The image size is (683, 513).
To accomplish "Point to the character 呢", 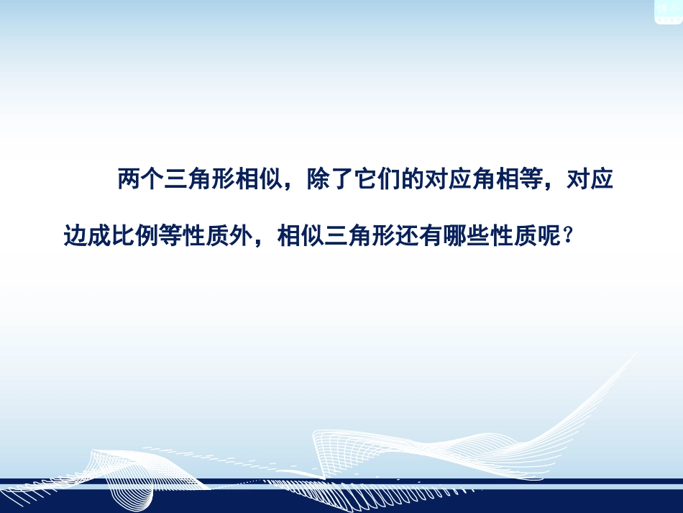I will click(x=550, y=236).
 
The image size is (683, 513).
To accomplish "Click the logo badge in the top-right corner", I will click(x=668, y=11).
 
